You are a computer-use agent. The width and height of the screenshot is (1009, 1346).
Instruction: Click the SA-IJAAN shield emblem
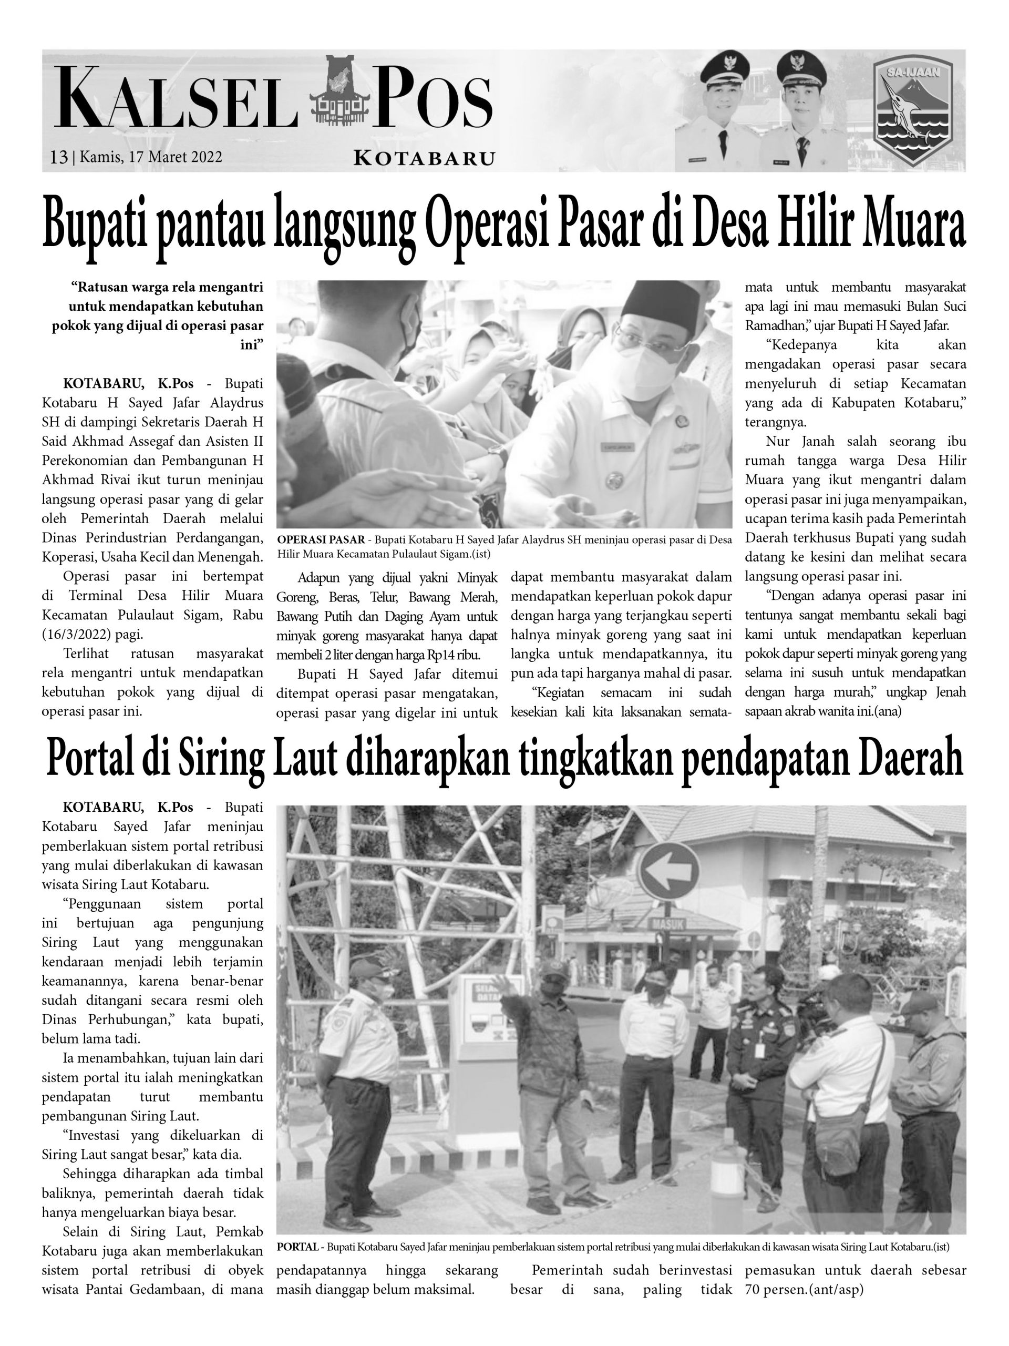pyautogui.click(x=912, y=111)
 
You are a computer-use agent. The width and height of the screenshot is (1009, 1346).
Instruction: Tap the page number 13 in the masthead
pyautogui.click(x=59, y=157)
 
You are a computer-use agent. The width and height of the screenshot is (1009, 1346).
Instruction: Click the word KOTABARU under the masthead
pyautogui.click(x=424, y=159)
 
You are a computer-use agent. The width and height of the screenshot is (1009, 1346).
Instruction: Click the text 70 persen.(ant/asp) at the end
pyautogui.click(x=804, y=1289)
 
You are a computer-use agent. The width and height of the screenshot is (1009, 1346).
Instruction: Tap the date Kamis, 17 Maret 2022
pyautogui.click(x=151, y=157)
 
